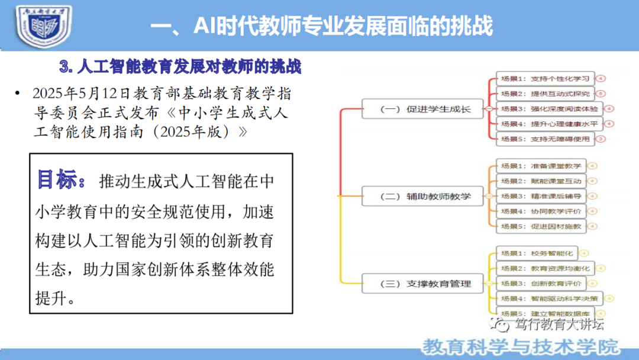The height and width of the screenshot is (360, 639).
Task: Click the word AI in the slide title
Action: [205, 27]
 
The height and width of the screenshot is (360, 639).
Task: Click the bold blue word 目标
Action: [57, 180]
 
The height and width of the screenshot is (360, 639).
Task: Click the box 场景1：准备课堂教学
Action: [540, 166]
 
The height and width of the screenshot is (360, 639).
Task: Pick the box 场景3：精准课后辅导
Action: [540, 196]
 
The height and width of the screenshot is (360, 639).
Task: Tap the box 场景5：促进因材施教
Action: [540, 226]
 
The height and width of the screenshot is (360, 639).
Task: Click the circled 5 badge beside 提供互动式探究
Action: [601, 94]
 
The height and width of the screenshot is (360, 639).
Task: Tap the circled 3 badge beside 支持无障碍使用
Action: [601, 139]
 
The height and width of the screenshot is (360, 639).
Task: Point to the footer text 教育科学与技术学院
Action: [521, 346]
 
